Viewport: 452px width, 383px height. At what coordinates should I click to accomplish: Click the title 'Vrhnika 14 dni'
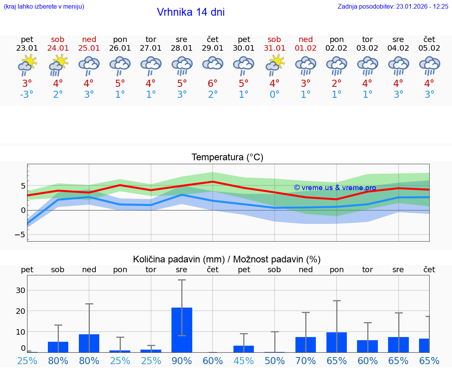(x=191, y=12)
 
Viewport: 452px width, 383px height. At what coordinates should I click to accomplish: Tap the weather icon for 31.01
(x=275, y=65)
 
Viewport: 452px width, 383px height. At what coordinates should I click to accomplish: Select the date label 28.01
(x=182, y=48)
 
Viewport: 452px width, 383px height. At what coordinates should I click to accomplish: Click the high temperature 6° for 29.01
(x=213, y=83)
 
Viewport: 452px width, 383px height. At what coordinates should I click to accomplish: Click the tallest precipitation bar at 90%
(x=182, y=330)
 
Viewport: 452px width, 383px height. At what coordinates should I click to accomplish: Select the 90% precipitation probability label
(x=182, y=361)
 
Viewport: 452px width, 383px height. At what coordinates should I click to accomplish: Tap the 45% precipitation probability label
(x=244, y=361)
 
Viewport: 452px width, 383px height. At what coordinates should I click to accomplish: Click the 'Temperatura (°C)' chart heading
(x=227, y=158)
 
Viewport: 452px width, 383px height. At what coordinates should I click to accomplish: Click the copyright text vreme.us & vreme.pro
(x=335, y=188)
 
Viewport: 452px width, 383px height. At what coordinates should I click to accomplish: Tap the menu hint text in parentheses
(x=44, y=7)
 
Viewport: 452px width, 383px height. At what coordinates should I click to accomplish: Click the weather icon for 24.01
(x=58, y=65)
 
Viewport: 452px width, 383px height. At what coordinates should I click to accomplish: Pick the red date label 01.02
(x=306, y=48)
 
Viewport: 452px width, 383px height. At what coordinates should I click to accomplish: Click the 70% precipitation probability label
(x=306, y=361)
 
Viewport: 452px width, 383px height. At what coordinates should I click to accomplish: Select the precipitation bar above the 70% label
(x=306, y=345)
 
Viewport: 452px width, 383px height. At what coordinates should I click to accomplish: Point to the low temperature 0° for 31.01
(x=275, y=95)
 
